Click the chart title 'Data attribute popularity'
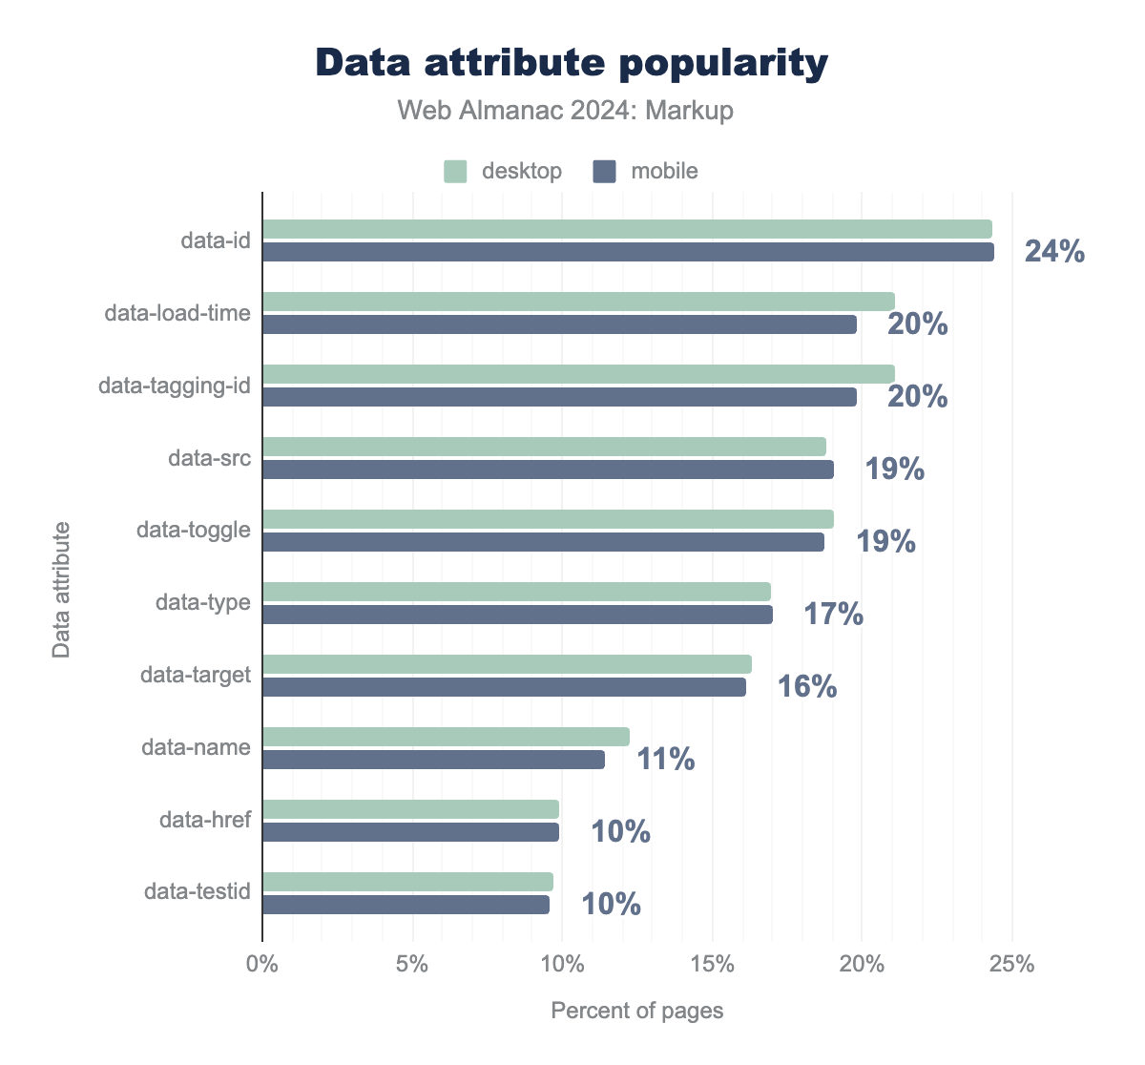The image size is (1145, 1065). point(572,63)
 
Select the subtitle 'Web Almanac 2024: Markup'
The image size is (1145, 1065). point(566,111)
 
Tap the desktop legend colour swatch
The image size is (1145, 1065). point(455,172)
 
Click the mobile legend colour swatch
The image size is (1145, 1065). point(604,172)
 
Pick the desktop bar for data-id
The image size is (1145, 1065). point(627,229)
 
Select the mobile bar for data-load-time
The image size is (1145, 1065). point(559,324)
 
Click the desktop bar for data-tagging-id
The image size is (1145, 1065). point(578,374)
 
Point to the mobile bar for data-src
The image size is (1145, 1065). point(548,470)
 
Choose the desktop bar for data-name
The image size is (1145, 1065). point(446,737)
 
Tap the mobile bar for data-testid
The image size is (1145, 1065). point(406,905)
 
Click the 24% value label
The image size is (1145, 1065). point(1054,252)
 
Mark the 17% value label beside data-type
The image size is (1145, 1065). point(833,615)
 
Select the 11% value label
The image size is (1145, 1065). point(664,760)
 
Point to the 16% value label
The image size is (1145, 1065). point(806,687)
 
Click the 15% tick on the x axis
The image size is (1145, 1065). point(712,964)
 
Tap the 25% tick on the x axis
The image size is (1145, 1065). point(1011,964)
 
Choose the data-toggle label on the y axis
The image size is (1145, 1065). point(194,530)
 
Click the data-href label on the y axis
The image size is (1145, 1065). point(204,820)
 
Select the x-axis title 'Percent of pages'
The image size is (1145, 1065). point(637,1011)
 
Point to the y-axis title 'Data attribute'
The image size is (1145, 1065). point(62,589)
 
